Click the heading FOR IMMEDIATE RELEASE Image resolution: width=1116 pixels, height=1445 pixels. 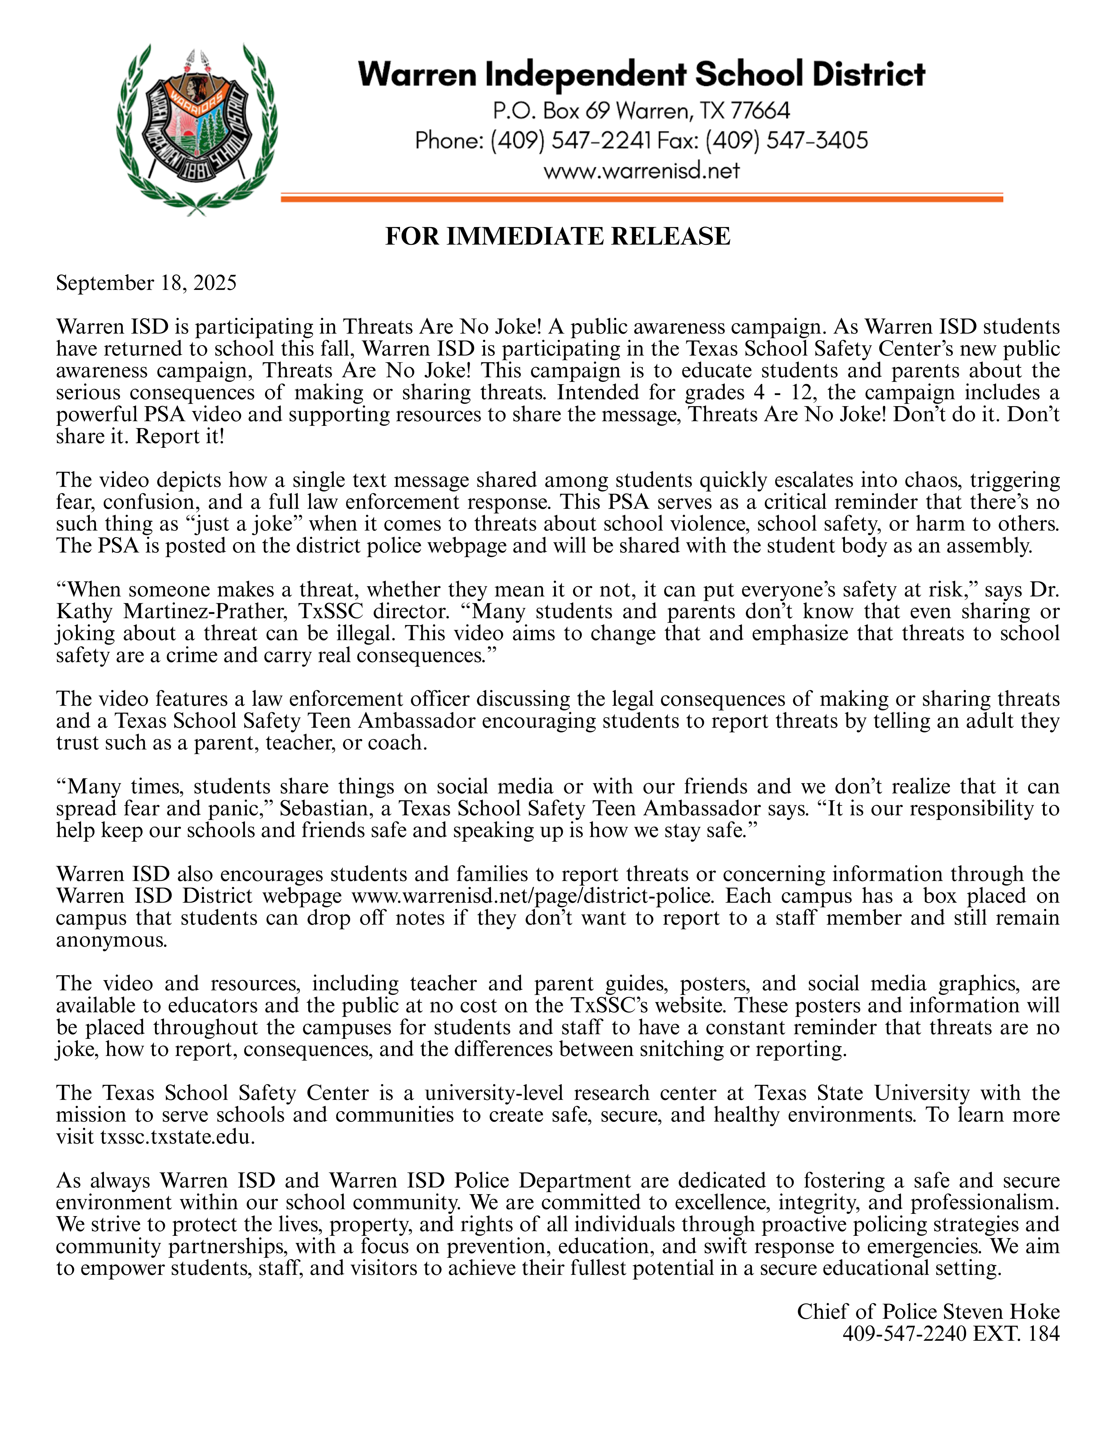(x=558, y=236)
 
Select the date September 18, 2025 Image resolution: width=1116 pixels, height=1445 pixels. (x=146, y=283)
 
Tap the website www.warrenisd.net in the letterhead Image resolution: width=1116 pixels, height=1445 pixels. (x=641, y=171)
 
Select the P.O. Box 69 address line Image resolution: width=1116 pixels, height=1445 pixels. (x=641, y=110)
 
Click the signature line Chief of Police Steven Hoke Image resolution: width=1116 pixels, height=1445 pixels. (x=927, y=1311)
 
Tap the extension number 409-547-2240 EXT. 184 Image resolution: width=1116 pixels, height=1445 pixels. (x=951, y=1333)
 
